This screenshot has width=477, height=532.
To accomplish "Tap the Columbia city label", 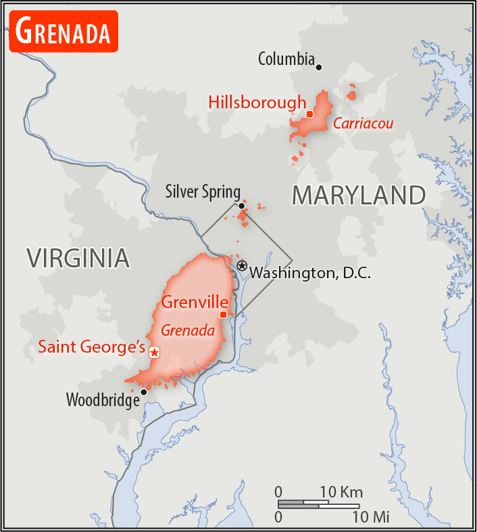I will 286,60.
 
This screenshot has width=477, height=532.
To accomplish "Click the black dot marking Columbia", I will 319,67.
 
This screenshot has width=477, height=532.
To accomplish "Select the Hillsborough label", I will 257,103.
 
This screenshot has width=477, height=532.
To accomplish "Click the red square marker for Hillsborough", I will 309,114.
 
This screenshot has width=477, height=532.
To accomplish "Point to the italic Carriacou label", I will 363,124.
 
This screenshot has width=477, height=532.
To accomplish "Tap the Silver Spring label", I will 203,192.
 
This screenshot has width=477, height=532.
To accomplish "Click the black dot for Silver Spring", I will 241,206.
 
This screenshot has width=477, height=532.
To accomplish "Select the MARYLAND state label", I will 358,196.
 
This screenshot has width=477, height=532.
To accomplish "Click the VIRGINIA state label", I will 78,258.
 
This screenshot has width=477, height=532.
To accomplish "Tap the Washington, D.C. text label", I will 310,273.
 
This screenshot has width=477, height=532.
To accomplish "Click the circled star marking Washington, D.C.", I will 242,266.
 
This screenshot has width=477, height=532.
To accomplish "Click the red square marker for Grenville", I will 223,314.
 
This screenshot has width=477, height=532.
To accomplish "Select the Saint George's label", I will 92,347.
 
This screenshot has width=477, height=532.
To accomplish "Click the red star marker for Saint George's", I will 155,352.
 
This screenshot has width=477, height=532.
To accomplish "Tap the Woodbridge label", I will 102,400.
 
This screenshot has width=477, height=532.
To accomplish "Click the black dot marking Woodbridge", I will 143,392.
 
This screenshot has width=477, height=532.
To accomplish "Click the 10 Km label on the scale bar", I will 342,491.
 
